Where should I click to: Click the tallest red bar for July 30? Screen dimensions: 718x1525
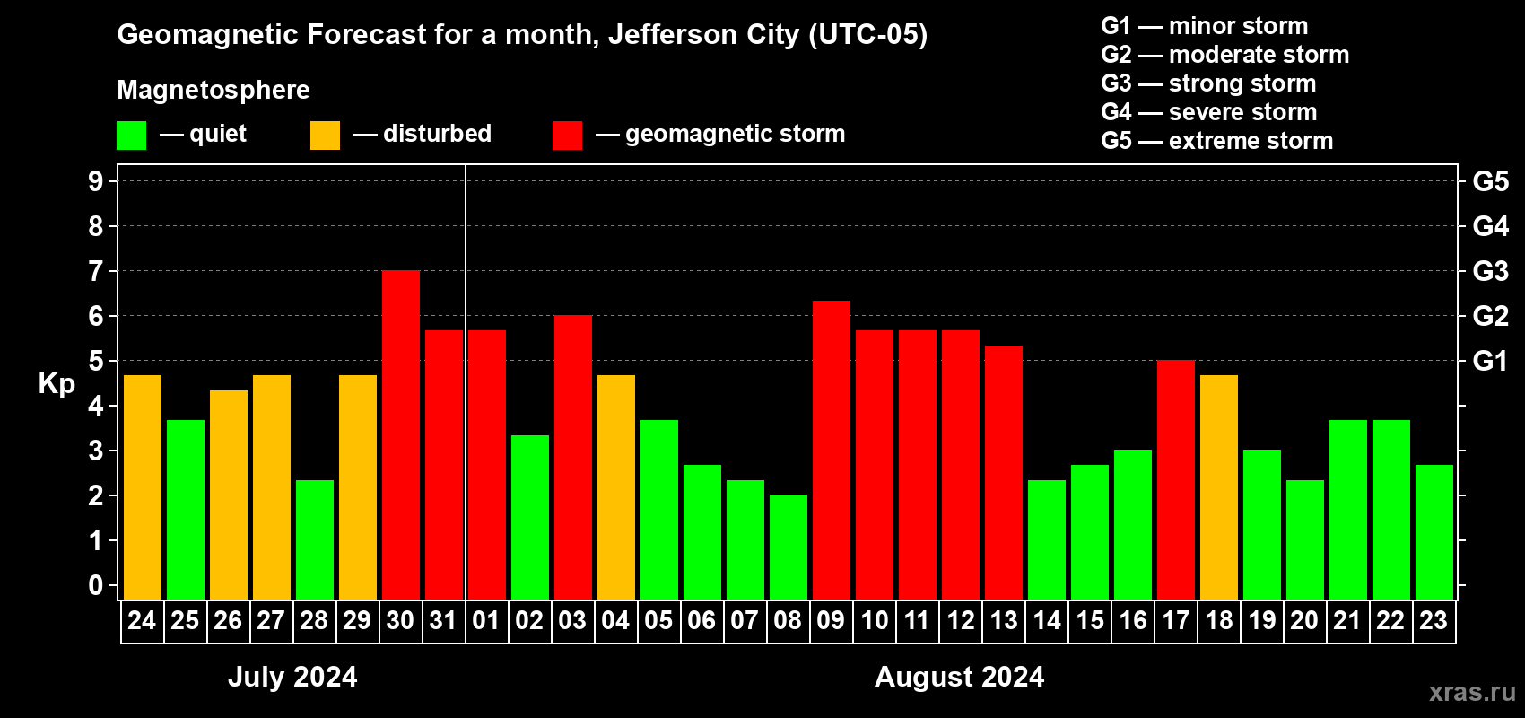tap(400, 434)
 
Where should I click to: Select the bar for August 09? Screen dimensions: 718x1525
tap(831, 450)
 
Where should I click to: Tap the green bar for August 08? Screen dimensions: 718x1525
tap(788, 547)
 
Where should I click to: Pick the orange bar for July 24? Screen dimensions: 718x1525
tap(142, 487)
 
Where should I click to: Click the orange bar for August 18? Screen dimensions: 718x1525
tap(1218, 487)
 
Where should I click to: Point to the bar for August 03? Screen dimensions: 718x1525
tap(572, 457)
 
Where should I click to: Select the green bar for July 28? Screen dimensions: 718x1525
tap(314, 539)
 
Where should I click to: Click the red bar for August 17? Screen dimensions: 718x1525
tap(1175, 479)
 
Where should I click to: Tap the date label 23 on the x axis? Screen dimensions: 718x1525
tap(1433, 620)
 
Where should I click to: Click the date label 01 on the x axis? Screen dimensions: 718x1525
tap(486, 620)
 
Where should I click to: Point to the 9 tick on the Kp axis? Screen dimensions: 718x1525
tap(96, 181)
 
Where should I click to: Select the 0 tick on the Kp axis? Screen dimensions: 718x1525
tap(96, 585)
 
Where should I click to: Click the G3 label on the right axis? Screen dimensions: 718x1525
tap(1490, 271)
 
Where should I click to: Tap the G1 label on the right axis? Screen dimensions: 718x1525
tap(1490, 361)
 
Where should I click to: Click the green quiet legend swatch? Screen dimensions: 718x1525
tap(131, 136)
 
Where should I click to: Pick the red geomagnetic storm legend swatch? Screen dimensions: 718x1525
tap(567, 136)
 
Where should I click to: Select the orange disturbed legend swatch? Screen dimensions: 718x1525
tap(325, 136)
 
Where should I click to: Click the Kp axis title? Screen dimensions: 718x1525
tap(57, 383)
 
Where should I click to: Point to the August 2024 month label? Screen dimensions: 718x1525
tap(959, 677)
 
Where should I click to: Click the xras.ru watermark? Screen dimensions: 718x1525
tap(1471, 692)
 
